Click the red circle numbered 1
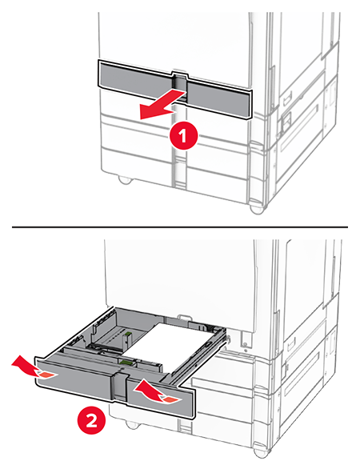[x=183, y=136]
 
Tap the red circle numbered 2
[x=91, y=422]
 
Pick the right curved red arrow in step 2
[x=157, y=392]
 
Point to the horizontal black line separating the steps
[x=180, y=227]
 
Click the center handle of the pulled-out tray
[x=119, y=385]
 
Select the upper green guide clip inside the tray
[x=129, y=333]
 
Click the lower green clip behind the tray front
[x=126, y=363]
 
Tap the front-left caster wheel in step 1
[x=125, y=179]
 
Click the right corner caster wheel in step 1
[x=257, y=208]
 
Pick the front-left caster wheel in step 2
[x=132, y=425]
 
